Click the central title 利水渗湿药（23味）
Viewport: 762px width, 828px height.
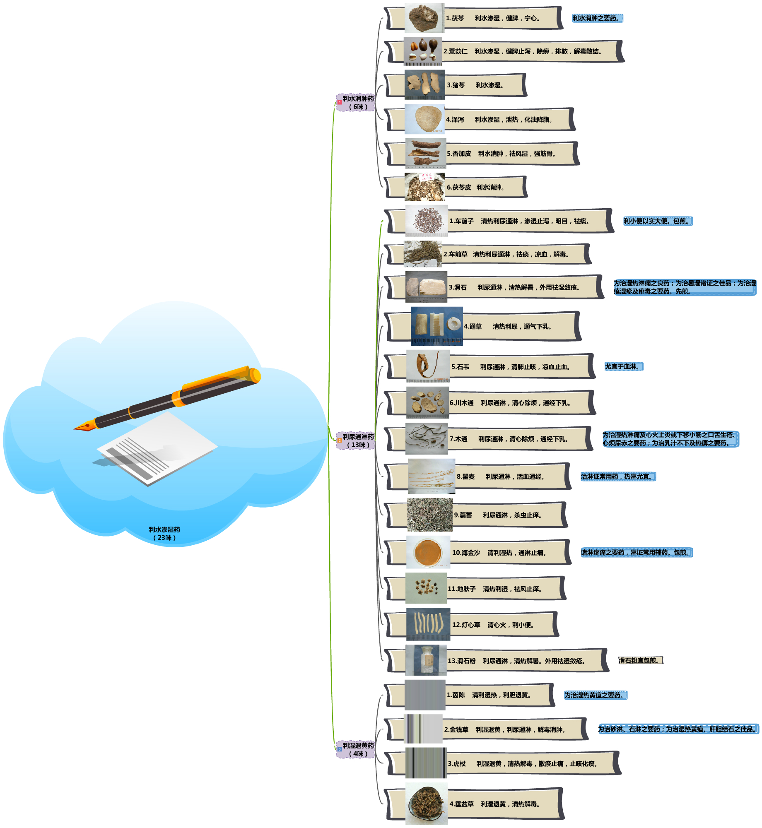point(164,534)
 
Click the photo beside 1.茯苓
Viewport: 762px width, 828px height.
point(424,18)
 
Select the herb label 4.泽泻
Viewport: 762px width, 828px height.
point(455,120)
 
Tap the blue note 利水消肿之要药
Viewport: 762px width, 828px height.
point(597,18)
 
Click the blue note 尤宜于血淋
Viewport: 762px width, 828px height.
point(623,366)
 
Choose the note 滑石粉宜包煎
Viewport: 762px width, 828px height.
point(640,660)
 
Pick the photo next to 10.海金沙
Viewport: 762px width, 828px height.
point(428,552)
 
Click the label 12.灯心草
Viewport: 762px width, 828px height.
point(466,625)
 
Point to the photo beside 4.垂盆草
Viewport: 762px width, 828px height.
point(426,804)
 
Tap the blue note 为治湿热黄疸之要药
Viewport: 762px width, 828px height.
point(595,695)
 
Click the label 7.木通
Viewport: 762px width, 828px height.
point(458,439)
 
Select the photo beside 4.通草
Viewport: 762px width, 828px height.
point(436,326)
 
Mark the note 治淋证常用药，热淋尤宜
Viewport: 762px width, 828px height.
point(618,477)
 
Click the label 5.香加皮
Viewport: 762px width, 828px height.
point(459,154)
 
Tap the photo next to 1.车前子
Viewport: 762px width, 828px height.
point(427,221)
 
